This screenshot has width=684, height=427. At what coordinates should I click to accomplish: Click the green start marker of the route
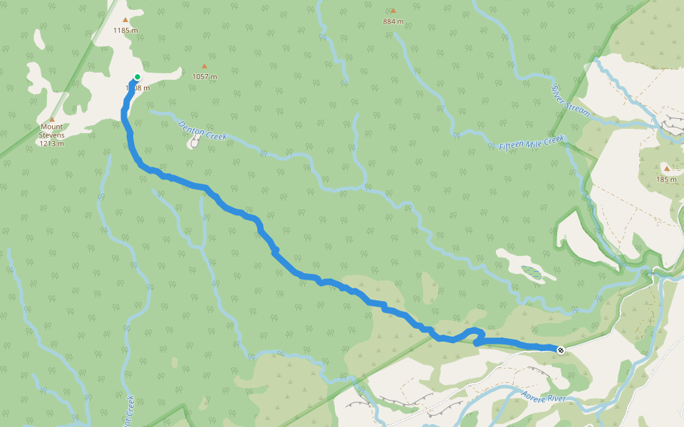pyautogui.click(x=137, y=77)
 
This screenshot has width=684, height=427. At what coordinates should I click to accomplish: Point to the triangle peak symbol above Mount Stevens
pyautogui.click(x=52, y=120)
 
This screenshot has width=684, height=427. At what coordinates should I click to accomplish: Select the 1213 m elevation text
pyautogui.click(x=52, y=143)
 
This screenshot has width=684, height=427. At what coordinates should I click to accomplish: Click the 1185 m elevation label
pyautogui.click(x=125, y=30)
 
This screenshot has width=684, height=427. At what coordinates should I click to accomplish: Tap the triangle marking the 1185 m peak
pyautogui.click(x=125, y=20)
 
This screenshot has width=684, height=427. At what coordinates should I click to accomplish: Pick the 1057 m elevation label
pyautogui.click(x=204, y=76)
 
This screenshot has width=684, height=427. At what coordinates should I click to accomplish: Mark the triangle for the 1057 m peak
pyautogui.click(x=204, y=66)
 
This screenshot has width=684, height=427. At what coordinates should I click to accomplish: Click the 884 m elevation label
pyautogui.click(x=393, y=21)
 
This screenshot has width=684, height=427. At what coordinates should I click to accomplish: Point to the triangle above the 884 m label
pyautogui.click(x=393, y=11)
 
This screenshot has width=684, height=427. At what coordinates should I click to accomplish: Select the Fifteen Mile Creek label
pyautogui.click(x=531, y=142)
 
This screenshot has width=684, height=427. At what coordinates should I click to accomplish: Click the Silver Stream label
pyautogui.click(x=570, y=100)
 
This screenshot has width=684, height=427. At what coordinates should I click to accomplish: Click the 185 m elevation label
pyautogui.click(x=666, y=179)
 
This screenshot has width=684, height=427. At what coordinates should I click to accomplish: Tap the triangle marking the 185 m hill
pyautogui.click(x=666, y=169)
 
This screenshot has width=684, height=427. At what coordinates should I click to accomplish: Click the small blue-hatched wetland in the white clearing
pyautogui.click(x=531, y=271)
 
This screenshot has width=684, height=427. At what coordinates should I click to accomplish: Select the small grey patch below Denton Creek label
pyautogui.click(x=192, y=143)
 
